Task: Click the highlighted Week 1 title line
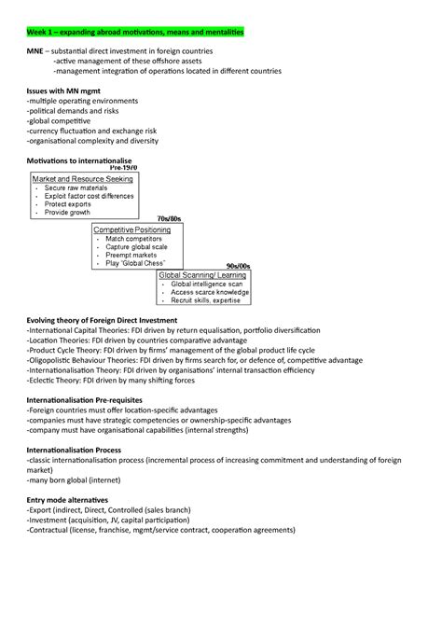click(x=135, y=32)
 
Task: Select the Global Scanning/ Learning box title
click(x=202, y=276)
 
